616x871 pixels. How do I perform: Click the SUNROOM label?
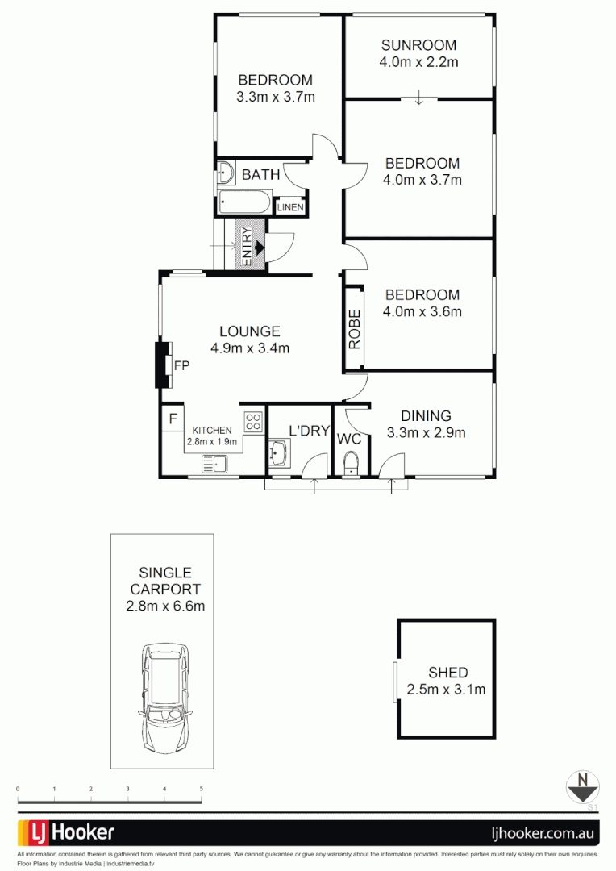point(418,45)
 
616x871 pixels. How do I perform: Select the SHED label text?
point(447,673)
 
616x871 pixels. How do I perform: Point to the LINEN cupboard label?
point(290,207)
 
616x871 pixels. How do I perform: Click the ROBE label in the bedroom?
point(353,329)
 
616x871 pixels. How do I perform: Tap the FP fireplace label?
point(181,365)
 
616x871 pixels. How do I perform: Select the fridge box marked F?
point(173,419)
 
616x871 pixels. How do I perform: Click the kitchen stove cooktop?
point(253,420)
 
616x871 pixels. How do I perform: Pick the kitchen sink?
point(214,463)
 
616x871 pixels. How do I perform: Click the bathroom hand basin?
point(225,173)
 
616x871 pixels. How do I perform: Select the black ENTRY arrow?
point(259,248)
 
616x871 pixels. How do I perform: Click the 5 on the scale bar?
point(201,788)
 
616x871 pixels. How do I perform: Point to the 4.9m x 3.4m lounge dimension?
point(250,348)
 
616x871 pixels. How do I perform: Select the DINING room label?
point(426,416)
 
